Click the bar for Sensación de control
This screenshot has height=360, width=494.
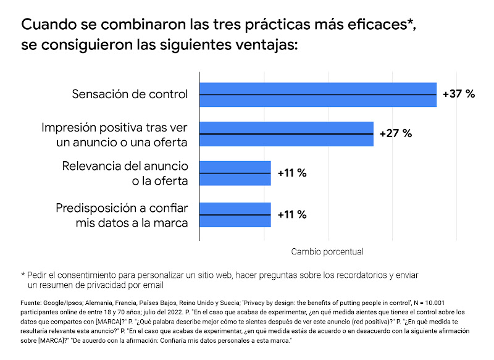(317, 94)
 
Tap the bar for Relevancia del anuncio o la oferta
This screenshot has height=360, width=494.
(235, 174)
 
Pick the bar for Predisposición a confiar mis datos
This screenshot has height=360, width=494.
(235, 215)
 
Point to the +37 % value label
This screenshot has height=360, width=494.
(459, 94)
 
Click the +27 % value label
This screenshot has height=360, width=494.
(395, 134)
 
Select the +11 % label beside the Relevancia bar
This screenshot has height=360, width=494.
(292, 174)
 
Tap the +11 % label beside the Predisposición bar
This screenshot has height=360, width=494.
(292, 215)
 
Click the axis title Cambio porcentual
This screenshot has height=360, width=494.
(327, 252)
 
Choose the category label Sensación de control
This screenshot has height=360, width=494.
(130, 94)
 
